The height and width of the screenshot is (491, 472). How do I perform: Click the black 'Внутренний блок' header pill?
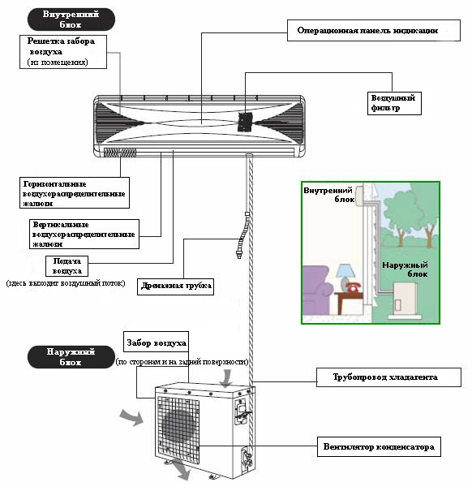71,19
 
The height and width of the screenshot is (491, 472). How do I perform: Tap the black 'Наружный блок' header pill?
71,357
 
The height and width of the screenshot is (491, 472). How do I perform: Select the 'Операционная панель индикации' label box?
374,30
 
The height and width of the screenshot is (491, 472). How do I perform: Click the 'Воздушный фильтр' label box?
394,103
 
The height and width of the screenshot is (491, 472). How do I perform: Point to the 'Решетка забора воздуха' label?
63,52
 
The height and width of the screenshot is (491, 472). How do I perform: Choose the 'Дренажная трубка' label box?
176,286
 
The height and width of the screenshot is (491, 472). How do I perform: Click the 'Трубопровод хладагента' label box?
388,377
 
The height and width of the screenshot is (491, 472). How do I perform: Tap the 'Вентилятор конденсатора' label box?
379,447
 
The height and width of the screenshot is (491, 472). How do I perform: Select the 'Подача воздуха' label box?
67,266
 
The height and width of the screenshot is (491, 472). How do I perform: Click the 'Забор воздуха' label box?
157,342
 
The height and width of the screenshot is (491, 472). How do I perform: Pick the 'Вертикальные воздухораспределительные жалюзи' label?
84,235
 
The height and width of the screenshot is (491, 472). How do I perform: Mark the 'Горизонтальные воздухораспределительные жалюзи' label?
75,193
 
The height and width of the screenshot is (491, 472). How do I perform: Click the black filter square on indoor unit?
245,122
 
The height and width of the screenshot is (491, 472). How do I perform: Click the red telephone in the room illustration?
354,286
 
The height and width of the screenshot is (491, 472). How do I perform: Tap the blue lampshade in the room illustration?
345,270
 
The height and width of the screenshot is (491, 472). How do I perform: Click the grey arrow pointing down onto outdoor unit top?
225,378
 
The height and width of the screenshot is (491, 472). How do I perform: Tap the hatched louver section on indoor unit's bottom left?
120,153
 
